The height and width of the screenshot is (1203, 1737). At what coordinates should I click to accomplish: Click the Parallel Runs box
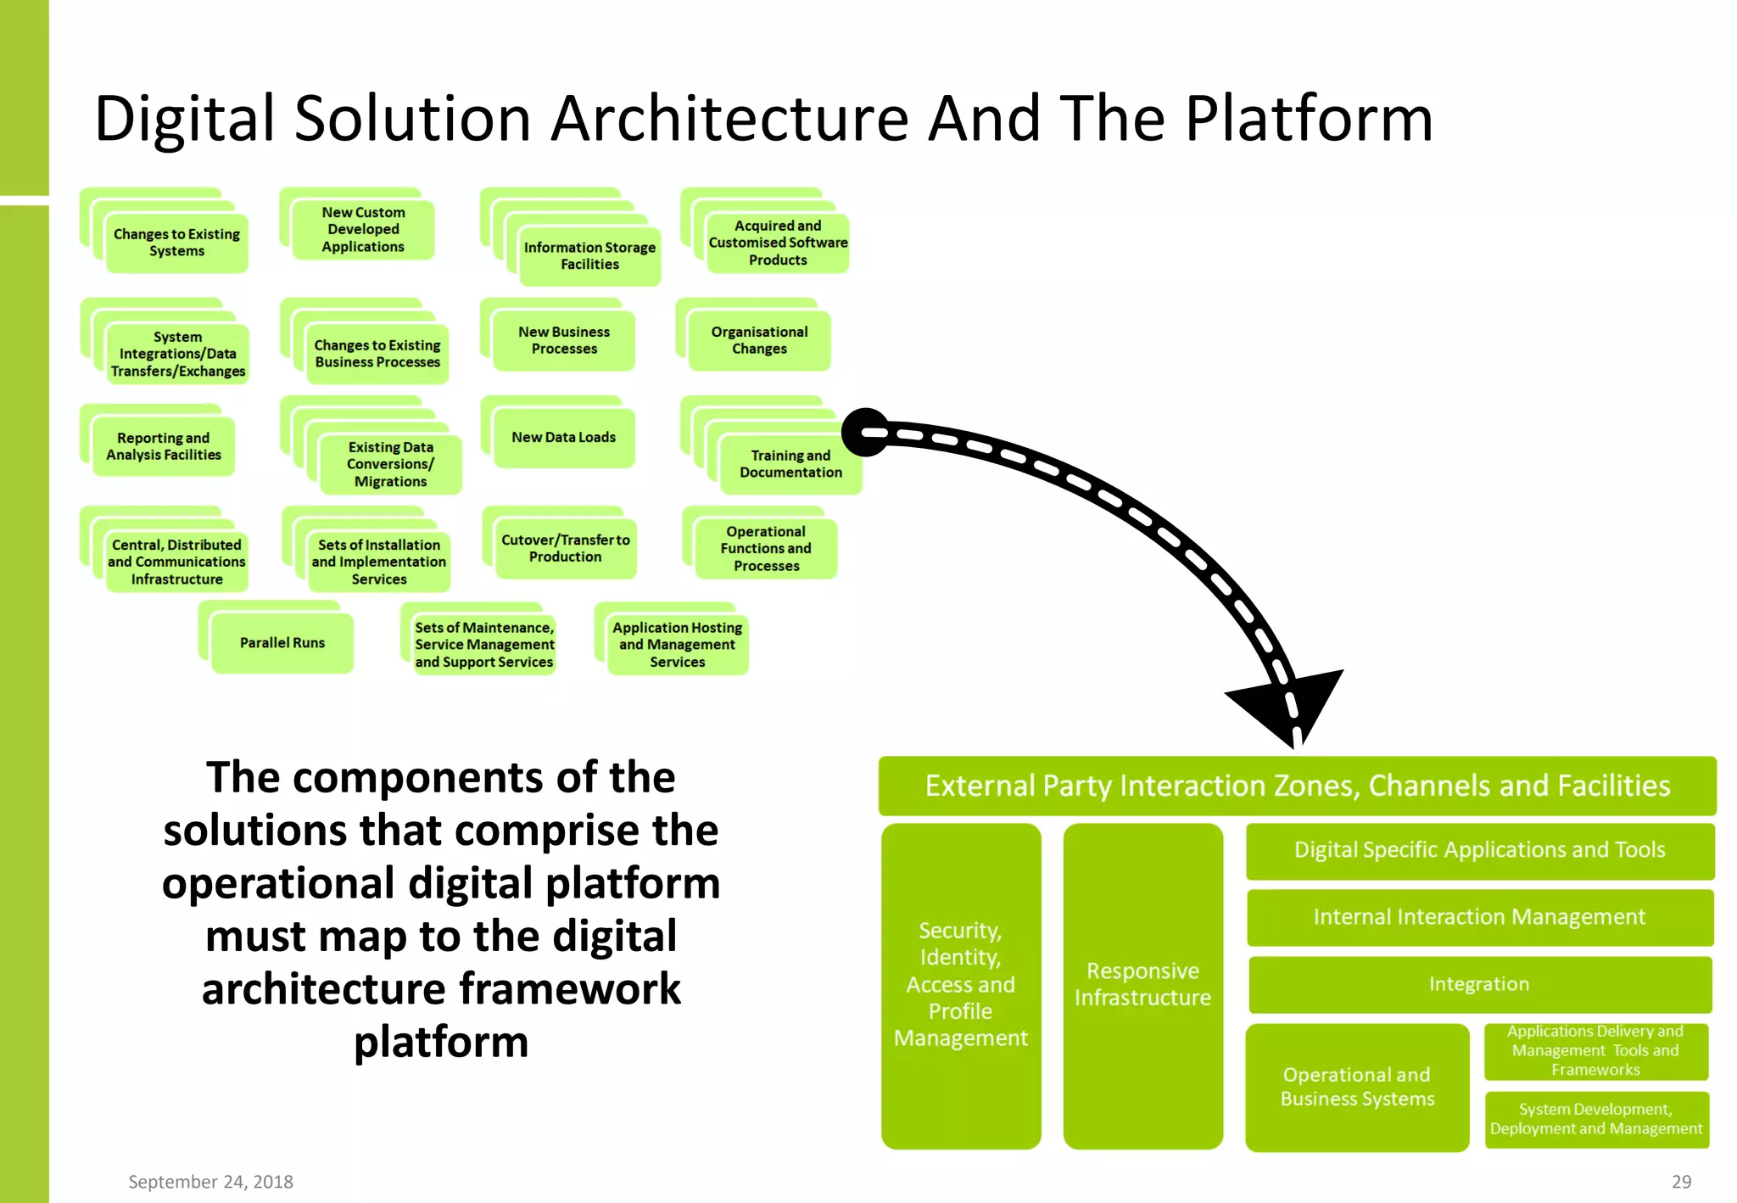tap(282, 643)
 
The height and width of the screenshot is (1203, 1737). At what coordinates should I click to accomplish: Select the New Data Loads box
tap(563, 438)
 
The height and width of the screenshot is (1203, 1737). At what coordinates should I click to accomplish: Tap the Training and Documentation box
tap(790, 464)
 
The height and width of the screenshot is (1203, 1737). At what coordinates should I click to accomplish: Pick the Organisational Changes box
tap(759, 340)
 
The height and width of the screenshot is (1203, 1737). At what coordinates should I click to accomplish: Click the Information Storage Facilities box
tap(589, 255)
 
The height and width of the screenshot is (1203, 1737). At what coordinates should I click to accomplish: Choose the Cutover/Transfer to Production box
tap(565, 548)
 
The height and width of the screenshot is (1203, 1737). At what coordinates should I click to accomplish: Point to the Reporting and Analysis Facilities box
tap(163, 446)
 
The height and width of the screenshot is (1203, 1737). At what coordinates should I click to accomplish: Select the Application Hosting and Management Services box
tap(677, 645)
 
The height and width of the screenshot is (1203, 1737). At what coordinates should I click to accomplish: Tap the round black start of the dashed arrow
tap(865, 433)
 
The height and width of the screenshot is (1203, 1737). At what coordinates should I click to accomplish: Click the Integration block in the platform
tap(1479, 984)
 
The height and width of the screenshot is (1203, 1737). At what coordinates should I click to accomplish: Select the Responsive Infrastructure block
tap(1142, 985)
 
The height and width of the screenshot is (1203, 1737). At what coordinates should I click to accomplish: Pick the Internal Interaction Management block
tap(1479, 917)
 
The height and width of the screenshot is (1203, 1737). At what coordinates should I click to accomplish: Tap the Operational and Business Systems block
tap(1356, 1087)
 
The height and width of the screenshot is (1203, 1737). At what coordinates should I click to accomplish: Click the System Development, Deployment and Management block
tap(1595, 1119)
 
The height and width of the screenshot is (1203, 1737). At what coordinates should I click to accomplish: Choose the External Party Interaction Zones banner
tap(1297, 786)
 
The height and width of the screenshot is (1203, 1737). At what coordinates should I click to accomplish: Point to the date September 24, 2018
tap(210, 1182)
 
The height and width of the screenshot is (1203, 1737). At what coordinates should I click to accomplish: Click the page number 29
tap(1681, 1182)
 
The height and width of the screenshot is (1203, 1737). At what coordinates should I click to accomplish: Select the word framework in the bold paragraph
tap(570, 989)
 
